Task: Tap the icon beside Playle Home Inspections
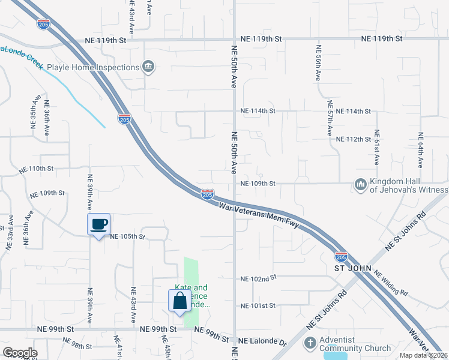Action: tap(148, 67)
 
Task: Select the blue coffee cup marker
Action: tap(99, 225)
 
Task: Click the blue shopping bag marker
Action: tap(180, 301)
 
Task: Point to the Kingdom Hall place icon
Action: tap(361, 184)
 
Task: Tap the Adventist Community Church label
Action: tap(355, 344)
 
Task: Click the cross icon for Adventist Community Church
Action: tap(310, 344)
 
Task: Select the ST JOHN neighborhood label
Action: tap(353, 268)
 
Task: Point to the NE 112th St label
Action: tap(354, 139)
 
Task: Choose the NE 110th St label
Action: tap(36, 170)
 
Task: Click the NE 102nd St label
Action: tap(258, 278)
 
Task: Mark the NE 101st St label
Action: tap(258, 306)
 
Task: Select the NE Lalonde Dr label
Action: tap(263, 341)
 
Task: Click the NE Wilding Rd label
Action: tap(391, 284)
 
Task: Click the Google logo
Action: tap(19, 353)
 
